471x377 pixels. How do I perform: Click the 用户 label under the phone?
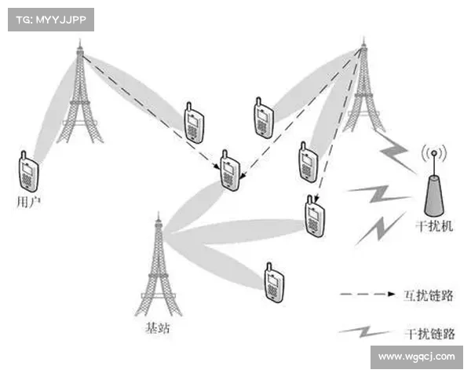point(28,202)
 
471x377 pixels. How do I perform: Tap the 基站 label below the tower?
point(158,328)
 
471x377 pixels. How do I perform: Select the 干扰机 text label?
point(434,225)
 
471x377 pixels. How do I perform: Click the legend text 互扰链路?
point(428,295)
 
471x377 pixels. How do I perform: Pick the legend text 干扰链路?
point(429,333)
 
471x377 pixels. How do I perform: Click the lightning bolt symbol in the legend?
point(365,331)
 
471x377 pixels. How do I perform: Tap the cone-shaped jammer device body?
point(434,196)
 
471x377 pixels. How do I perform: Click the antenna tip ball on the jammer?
point(434,153)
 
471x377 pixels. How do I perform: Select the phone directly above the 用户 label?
point(28,171)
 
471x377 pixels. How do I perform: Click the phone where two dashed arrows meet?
point(230,170)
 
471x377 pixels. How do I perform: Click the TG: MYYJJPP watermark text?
point(51,20)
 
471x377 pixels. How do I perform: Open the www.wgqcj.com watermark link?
point(417,357)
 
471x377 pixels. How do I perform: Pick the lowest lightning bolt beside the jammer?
point(380,229)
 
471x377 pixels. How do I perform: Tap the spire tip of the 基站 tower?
point(159,212)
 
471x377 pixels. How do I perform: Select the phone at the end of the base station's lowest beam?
point(274,283)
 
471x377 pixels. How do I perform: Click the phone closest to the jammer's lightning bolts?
point(315,216)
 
